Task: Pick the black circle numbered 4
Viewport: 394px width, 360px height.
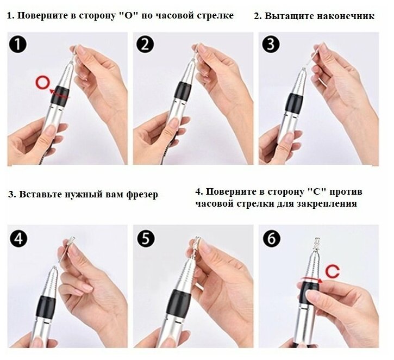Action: pos(18,238)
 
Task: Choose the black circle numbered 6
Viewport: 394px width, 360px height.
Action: pos(271,238)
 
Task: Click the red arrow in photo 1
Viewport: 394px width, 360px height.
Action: pos(59,94)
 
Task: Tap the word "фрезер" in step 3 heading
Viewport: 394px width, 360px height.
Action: pos(142,194)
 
